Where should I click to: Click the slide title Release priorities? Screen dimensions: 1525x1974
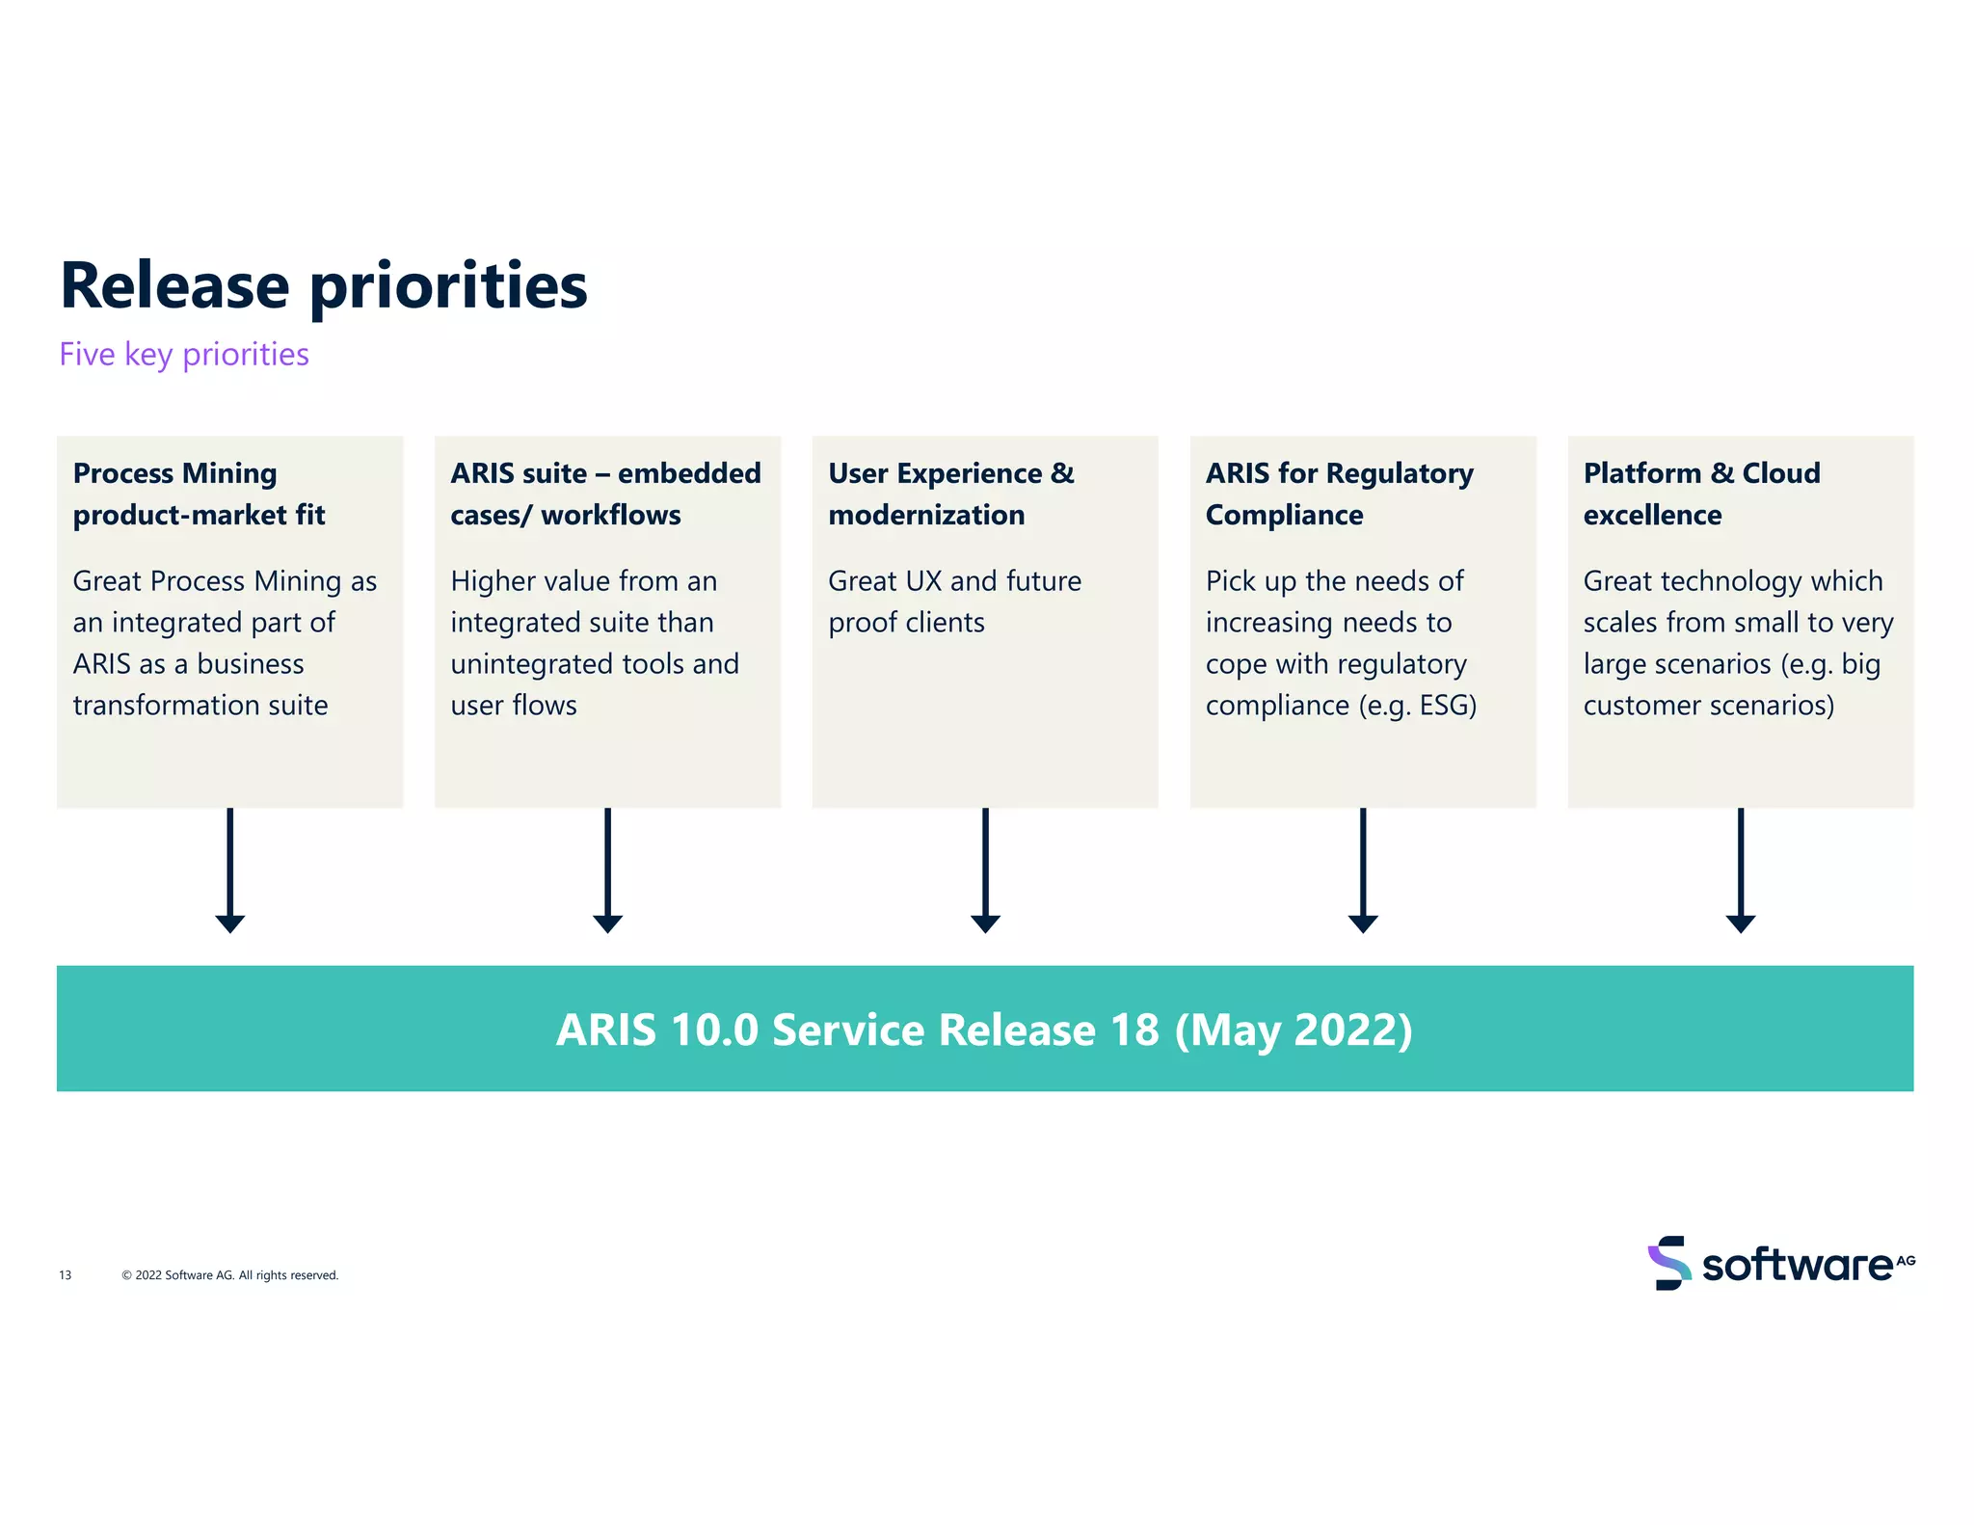point(324,285)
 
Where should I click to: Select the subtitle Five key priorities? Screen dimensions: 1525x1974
point(184,355)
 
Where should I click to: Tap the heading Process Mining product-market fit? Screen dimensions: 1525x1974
point(199,494)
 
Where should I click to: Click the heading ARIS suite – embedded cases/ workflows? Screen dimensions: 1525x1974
point(605,494)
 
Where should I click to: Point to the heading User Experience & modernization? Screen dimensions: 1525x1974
point(950,494)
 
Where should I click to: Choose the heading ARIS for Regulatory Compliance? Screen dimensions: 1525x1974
point(1339,494)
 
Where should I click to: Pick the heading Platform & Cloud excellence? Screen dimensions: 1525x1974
point(1701,494)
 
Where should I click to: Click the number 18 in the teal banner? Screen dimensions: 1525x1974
point(1134,1030)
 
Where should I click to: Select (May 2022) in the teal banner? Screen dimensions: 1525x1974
point(1294,1030)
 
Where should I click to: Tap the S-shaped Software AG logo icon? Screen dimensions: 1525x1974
point(1668,1263)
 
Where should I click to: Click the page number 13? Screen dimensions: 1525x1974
point(66,1275)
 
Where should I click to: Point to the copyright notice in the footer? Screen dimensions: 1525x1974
point(230,1275)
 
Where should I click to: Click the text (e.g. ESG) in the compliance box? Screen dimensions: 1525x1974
point(1417,706)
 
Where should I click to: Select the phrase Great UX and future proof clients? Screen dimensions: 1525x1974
point(954,602)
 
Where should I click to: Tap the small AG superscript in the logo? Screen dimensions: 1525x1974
point(1906,1260)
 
